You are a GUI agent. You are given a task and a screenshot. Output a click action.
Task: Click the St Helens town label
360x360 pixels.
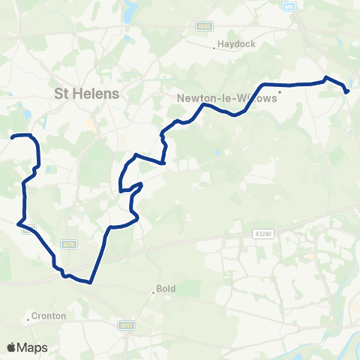tap(88, 94)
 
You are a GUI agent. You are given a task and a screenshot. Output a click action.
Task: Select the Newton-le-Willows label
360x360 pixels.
tap(226, 97)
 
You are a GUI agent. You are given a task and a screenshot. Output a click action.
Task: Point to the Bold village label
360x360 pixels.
tap(166, 289)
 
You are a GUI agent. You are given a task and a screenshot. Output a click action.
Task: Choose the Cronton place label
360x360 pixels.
tap(50, 316)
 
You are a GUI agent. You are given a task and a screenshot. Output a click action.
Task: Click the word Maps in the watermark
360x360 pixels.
tap(33, 347)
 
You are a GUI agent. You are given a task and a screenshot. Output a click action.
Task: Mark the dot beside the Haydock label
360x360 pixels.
tap(217, 44)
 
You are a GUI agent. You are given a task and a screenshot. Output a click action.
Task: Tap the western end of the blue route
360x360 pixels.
tap(12, 136)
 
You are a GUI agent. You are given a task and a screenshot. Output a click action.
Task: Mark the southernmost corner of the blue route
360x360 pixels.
tap(89, 283)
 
